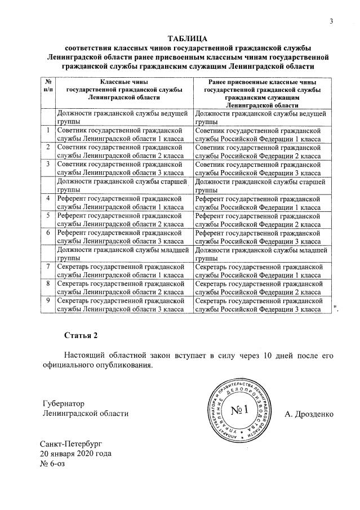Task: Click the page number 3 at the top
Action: coord(332,21)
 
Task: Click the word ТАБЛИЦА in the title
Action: coord(188,38)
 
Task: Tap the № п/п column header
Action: coord(48,86)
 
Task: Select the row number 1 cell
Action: coord(48,131)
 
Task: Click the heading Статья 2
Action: coord(81,336)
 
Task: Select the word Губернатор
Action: coord(63,403)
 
